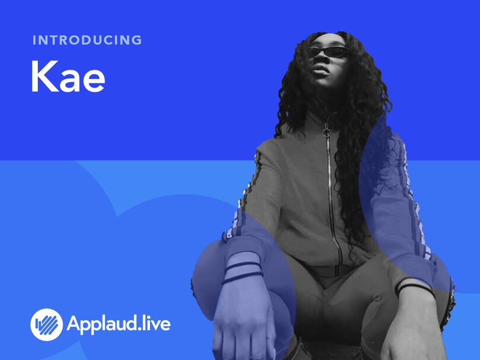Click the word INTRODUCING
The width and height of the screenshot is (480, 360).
click(x=87, y=41)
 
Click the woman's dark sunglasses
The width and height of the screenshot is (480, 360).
click(x=328, y=52)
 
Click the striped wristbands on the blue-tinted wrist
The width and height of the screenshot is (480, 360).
click(x=243, y=271)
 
